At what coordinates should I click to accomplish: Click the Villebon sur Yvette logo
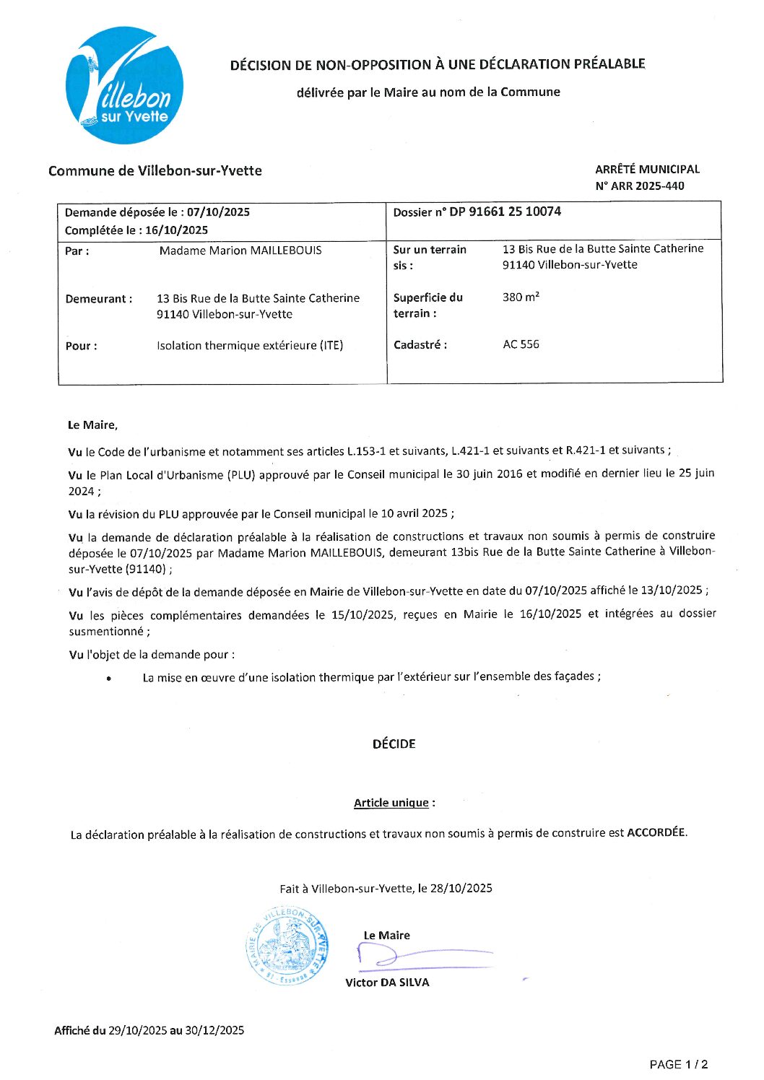click(x=123, y=85)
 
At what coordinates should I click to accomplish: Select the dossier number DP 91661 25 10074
click(x=505, y=212)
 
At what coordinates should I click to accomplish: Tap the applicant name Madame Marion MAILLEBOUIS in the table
click(x=240, y=251)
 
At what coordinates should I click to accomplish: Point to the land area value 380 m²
click(x=521, y=297)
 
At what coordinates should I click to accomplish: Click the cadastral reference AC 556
click(x=521, y=344)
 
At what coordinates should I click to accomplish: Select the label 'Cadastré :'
click(x=420, y=345)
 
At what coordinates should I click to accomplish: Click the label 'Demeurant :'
click(x=99, y=299)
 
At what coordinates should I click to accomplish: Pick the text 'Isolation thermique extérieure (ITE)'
click(x=250, y=345)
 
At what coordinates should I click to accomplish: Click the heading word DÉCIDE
click(x=394, y=744)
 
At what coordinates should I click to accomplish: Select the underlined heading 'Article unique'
click(x=391, y=803)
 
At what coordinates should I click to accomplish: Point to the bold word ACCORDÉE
click(x=656, y=832)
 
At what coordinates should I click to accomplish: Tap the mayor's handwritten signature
click(x=419, y=957)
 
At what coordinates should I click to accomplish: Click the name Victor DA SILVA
click(x=387, y=983)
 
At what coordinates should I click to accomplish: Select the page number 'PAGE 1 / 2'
click(x=678, y=1064)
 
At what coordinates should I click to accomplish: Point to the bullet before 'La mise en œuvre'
click(x=108, y=679)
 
